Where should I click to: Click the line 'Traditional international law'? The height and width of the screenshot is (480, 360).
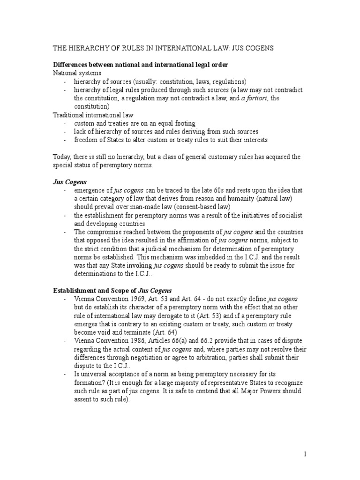pos(93,115)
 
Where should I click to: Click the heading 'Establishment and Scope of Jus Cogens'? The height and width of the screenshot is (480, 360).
pos(116,291)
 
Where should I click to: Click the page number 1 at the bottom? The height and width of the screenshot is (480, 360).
pos(305,455)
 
